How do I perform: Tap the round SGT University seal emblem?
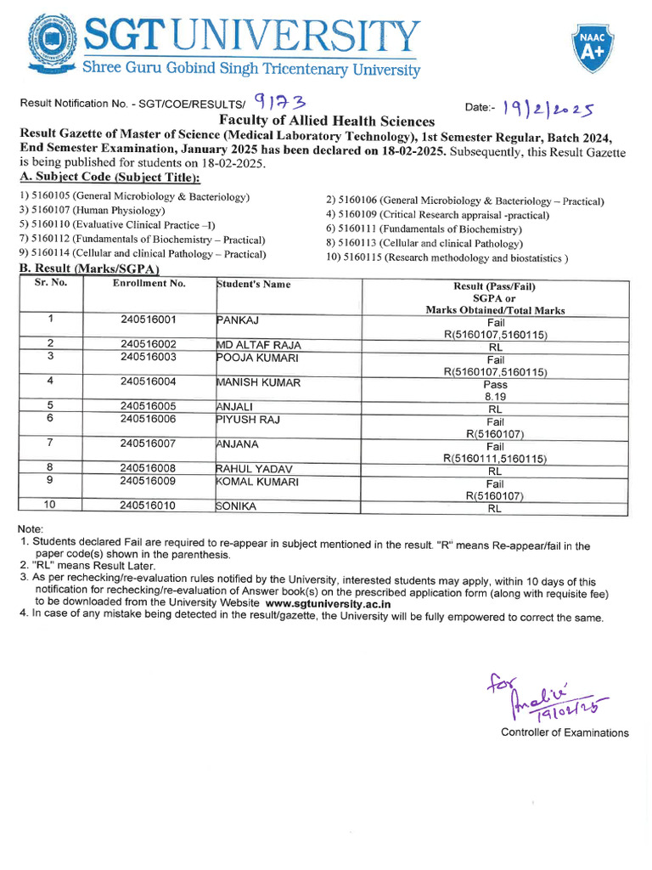[x=53, y=42]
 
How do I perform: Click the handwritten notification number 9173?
[x=278, y=103]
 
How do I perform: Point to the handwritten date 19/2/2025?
[x=548, y=107]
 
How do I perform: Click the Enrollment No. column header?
[x=149, y=284]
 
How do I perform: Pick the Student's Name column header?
[x=253, y=284]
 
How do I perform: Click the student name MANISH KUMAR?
[x=258, y=382]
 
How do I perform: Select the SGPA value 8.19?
[x=495, y=396]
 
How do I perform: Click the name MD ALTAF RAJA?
[x=258, y=345]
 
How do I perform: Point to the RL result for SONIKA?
[x=495, y=510]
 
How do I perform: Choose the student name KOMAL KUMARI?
[x=257, y=481]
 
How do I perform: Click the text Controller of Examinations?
[x=565, y=732]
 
